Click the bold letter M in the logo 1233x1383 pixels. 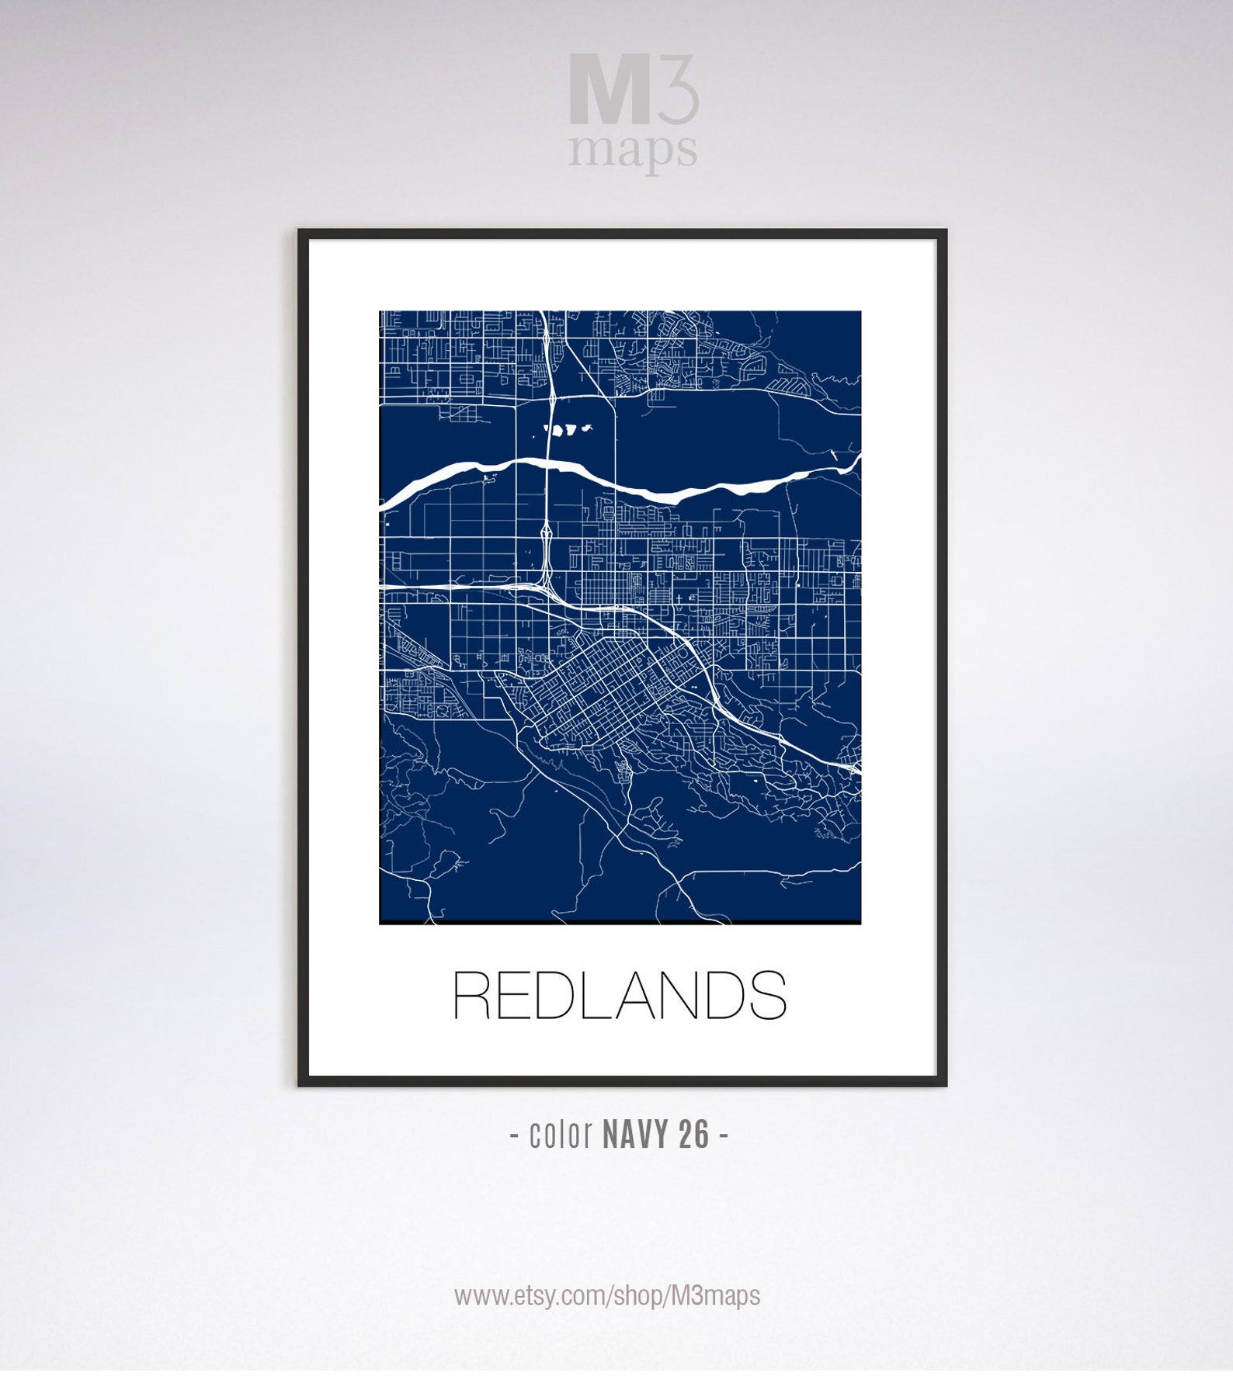coord(609,89)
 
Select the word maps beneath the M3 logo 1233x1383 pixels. coord(632,151)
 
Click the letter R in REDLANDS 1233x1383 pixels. coord(471,996)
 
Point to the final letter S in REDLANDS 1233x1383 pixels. coord(768,996)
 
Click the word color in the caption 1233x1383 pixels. coord(561,1135)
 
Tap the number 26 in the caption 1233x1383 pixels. coord(693,1135)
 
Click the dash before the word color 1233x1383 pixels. coord(515,1135)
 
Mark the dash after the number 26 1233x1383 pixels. coord(724,1135)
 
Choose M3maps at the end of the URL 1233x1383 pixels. coord(715,1295)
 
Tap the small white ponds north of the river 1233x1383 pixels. coord(568,428)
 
